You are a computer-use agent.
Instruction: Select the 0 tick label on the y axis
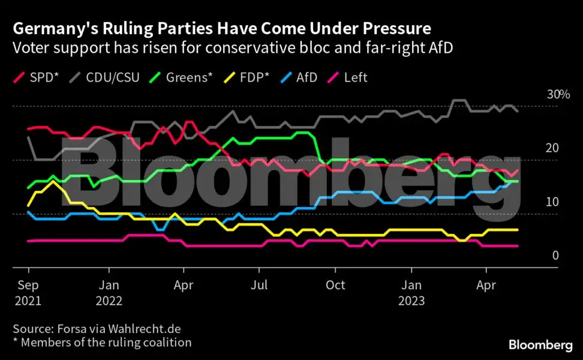pos(555,255)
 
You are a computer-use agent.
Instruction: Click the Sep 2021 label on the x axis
pos(28,292)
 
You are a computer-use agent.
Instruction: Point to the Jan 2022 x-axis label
pos(108,292)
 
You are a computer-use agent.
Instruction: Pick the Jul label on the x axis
pos(259,284)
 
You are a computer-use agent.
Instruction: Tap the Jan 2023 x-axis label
pos(411,292)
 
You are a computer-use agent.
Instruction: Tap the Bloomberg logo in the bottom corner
pos(540,344)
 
